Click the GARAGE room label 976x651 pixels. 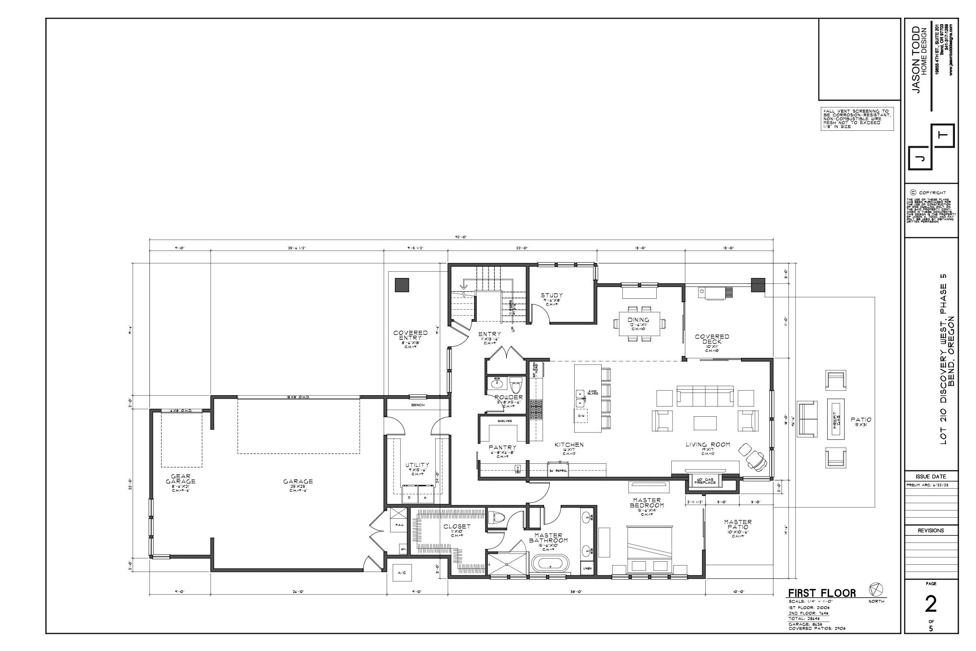coord(298,481)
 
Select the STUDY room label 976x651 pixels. coord(552,296)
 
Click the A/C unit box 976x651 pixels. coord(401,573)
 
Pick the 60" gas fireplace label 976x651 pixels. coord(705,481)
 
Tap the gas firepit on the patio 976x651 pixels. coord(836,419)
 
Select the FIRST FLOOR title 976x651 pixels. coord(822,593)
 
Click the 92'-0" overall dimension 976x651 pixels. coord(461,237)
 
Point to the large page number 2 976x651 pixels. coord(931,605)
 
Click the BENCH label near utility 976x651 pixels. coord(418,405)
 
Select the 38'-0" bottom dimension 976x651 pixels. coord(577,591)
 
